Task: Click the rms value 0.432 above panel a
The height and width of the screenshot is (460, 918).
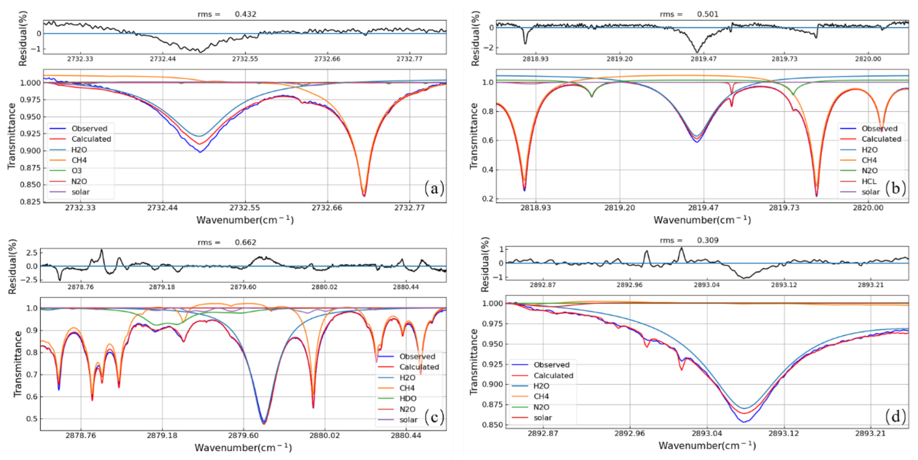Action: coord(245,14)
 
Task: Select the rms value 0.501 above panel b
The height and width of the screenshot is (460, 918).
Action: coord(708,14)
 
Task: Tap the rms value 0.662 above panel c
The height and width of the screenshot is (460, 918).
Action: coord(245,242)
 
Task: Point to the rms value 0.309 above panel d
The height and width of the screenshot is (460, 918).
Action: coord(708,240)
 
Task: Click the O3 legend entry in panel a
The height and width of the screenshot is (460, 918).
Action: coord(77,171)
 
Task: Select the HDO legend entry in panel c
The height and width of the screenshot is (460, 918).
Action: coord(408,398)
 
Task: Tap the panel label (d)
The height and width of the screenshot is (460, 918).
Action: coord(896,416)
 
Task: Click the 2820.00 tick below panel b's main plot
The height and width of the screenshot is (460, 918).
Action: coord(868,208)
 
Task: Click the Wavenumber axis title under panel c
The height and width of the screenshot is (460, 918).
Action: coord(244,447)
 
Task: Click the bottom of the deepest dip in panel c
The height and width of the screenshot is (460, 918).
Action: coord(264,423)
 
